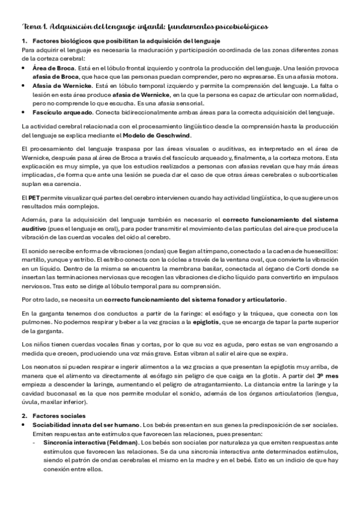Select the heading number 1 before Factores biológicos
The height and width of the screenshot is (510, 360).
tap(24, 40)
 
